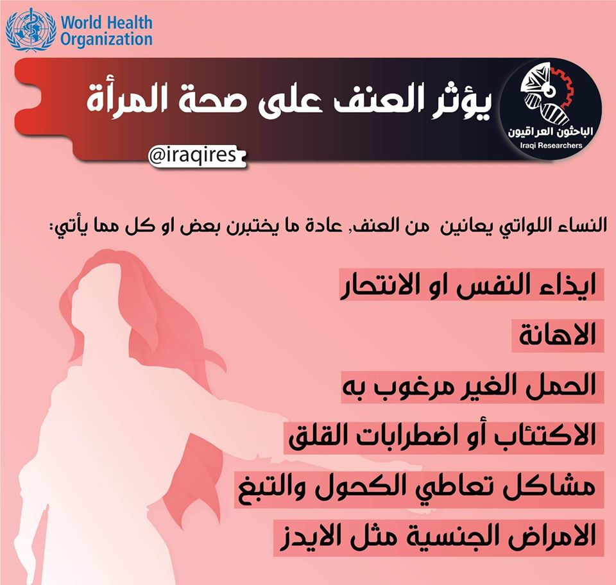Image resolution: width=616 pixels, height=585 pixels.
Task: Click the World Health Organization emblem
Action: click(31, 30)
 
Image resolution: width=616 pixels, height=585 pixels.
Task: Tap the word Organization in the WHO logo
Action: click(107, 40)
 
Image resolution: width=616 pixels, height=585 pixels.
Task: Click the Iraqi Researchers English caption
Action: click(551, 146)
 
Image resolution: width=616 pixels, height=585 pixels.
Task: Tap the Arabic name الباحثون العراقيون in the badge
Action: click(551, 132)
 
